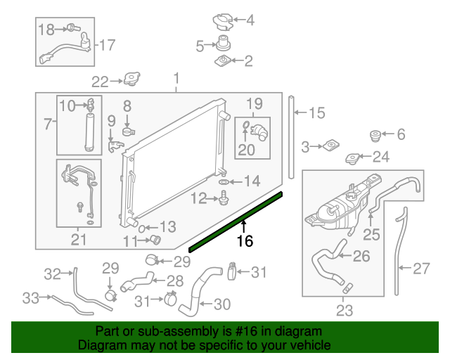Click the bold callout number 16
244,241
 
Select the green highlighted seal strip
236,221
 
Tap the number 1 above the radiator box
176,77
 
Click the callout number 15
317,112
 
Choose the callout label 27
421,267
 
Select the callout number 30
221,304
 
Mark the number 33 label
30,298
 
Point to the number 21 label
78,240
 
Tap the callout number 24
380,156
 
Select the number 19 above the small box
254,103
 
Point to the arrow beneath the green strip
244,226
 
